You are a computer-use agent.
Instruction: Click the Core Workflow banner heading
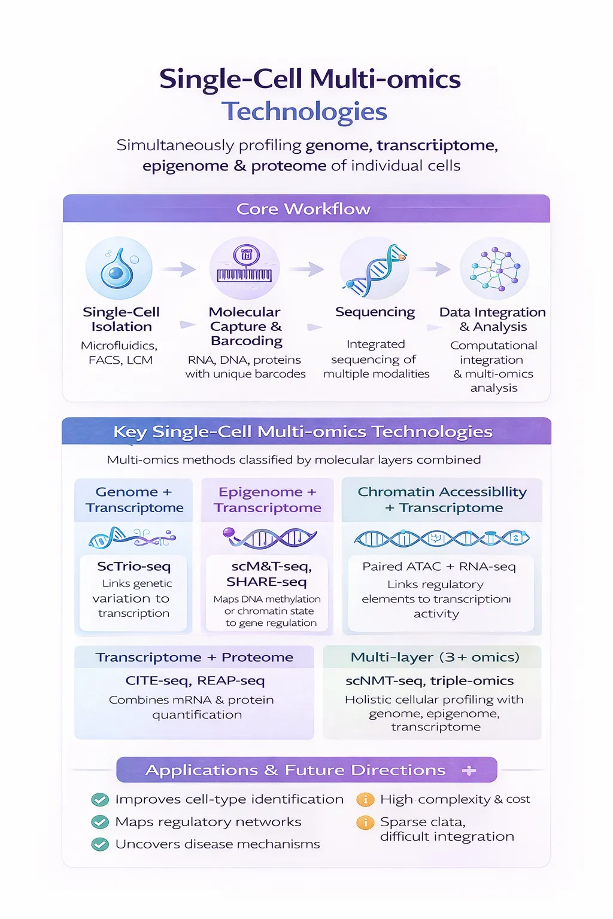[304, 209]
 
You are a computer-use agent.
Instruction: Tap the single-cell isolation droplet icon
[119, 269]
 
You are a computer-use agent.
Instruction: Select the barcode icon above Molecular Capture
[244, 268]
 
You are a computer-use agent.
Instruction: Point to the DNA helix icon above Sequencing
[374, 269]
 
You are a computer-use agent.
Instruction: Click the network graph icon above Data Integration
[494, 269]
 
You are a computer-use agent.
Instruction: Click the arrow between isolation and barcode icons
[180, 269]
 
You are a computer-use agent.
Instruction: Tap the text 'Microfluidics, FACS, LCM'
[120, 352]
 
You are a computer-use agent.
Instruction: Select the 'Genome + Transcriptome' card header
[134, 500]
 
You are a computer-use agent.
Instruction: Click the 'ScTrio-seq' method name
[134, 566]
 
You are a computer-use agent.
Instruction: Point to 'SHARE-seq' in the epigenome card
[266, 582]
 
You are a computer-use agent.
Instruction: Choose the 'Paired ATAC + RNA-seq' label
[439, 567]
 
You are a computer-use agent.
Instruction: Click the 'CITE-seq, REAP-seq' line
[195, 680]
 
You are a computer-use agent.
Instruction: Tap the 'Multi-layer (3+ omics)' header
[435, 657]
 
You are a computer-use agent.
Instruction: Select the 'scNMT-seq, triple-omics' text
[430, 680]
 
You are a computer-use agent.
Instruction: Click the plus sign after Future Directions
[469, 771]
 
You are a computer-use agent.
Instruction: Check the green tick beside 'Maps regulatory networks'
[100, 822]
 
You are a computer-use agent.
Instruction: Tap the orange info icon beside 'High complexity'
[365, 799]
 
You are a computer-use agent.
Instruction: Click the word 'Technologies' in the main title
[304, 111]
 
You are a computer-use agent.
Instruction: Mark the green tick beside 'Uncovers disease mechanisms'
[100, 844]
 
